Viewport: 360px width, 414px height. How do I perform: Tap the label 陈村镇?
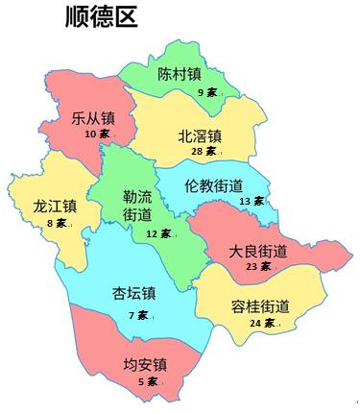179,74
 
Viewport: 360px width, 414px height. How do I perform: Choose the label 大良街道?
257,251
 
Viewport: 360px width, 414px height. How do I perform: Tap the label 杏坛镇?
135,293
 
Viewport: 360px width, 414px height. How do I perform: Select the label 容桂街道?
260,306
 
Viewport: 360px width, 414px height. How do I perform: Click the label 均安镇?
145,365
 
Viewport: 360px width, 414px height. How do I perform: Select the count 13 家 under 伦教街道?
252,201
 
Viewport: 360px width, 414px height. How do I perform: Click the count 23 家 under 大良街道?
259,267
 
